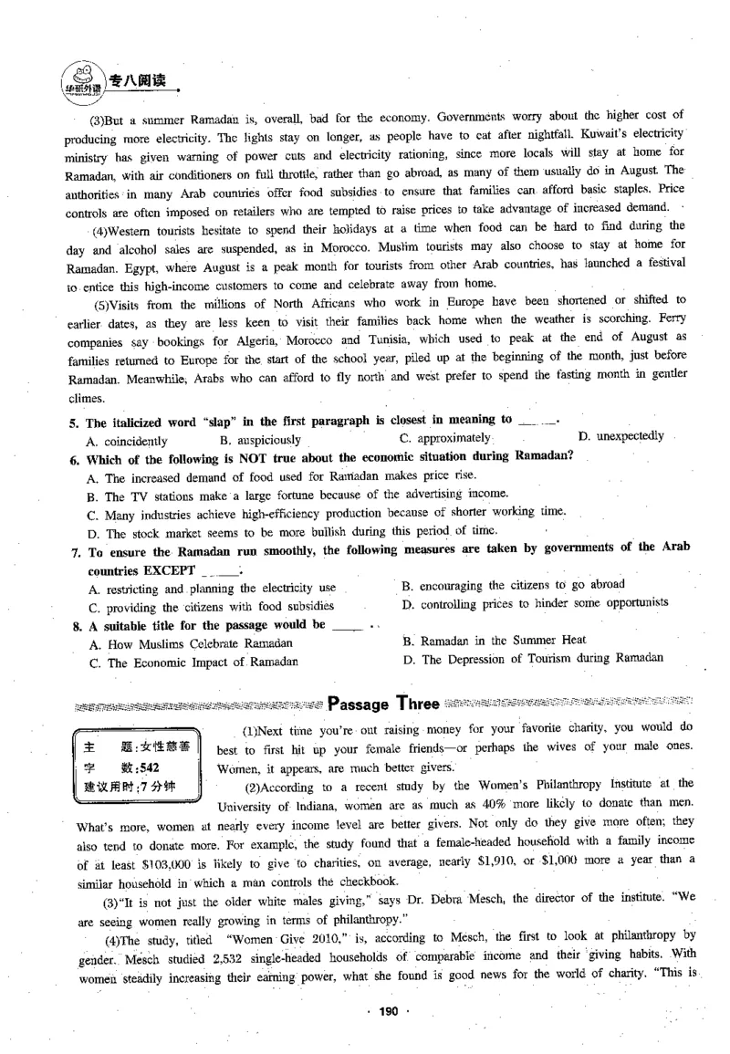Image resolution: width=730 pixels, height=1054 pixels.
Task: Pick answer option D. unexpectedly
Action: click(x=621, y=436)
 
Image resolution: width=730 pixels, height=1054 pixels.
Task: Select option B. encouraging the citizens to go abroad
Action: click(x=513, y=584)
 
